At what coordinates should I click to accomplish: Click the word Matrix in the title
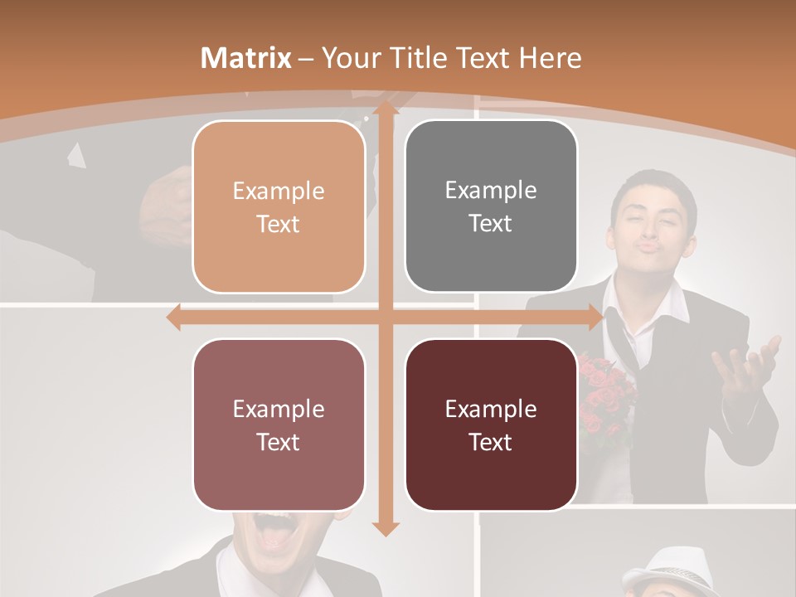pyautogui.click(x=245, y=57)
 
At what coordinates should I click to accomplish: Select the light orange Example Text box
pyautogui.click(x=279, y=206)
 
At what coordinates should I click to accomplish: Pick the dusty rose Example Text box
pyautogui.click(x=279, y=425)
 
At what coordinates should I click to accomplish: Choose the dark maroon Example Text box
pyautogui.click(x=491, y=425)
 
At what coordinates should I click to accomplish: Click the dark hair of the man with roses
pyautogui.click(x=651, y=187)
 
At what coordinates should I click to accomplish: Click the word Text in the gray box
pyautogui.click(x=491, y=223)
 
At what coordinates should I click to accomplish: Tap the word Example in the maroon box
pyautogui.click(x=491, y=409)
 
